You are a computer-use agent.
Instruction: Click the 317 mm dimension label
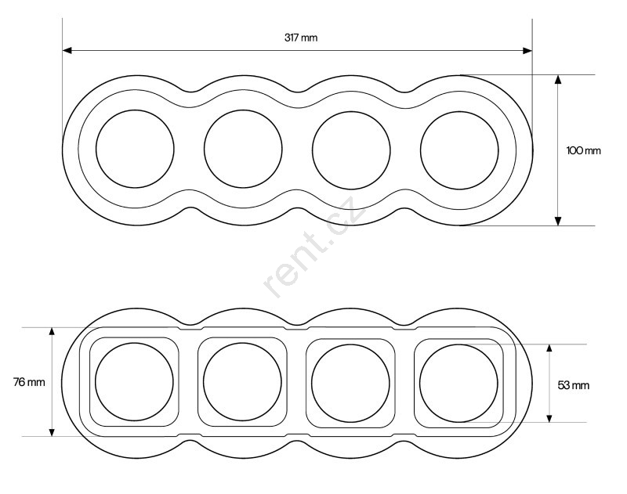[x=301, y=38]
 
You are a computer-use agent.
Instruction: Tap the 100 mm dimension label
[x=583, y=150]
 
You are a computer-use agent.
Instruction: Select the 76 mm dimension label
[x=29, y=382]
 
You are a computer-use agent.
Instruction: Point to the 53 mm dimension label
[x=574, y=385]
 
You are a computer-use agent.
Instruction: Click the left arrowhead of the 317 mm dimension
[x=67, y=50]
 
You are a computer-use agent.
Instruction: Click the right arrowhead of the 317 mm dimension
[x=527, y=51]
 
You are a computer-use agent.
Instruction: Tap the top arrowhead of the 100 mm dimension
[x=558, y=79]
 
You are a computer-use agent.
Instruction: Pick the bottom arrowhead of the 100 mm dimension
[x=558, y=221]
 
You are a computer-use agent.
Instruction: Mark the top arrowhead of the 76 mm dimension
[x=52, y=332]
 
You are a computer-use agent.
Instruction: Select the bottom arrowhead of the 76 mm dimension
[x=52, y=431]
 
